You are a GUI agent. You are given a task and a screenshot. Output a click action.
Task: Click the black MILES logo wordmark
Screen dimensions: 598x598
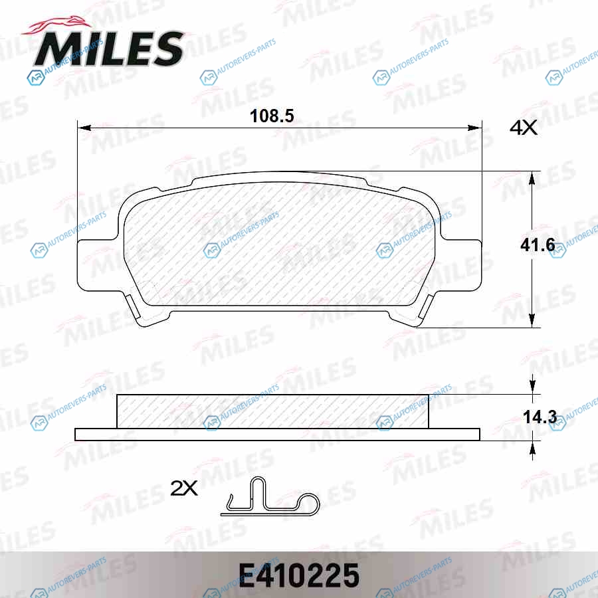tap(109, 49)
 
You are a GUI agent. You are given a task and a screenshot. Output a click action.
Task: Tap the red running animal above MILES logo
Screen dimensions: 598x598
tap(57, 25)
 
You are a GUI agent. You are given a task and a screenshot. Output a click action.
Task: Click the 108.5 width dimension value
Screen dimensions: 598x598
tap(272, 116)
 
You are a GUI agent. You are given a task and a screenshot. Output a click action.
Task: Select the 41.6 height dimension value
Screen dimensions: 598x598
tap(538, 245)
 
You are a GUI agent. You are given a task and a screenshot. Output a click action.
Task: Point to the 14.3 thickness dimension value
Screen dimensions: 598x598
tap(540, 417)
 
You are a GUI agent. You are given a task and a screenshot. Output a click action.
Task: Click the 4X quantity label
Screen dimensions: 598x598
tap(524, 128)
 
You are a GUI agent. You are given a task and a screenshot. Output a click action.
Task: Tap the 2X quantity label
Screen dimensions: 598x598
tap(184, 488)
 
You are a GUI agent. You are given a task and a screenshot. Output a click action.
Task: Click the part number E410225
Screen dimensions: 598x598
tap(298, 575)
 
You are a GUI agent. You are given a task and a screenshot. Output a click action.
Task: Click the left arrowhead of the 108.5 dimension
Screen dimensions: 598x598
tap(84, 128)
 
